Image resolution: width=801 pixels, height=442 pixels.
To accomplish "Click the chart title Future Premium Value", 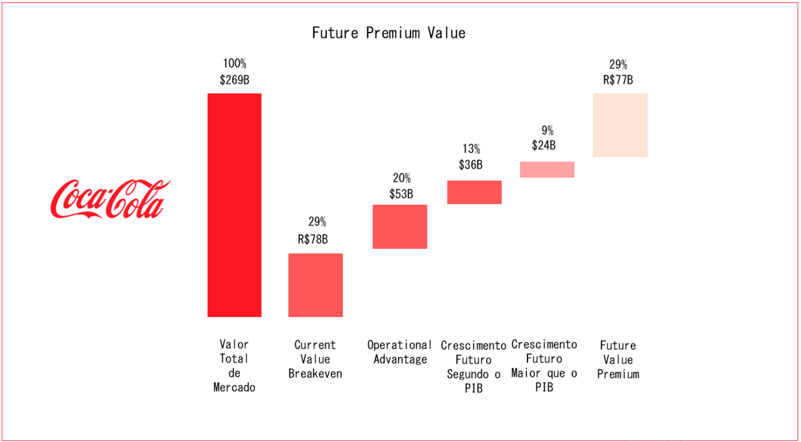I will click(389, 33).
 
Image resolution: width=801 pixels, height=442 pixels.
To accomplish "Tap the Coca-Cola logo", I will click(110, 199).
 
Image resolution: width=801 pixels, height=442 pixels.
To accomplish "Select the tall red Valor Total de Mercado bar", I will click(235, 205).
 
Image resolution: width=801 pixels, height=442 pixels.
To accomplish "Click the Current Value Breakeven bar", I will click(315, 285).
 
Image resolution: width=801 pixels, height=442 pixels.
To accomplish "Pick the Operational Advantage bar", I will click(400, 227).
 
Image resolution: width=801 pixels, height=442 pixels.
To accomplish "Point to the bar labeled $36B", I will click(474, 192).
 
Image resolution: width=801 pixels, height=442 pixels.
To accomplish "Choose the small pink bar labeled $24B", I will click(547, 170).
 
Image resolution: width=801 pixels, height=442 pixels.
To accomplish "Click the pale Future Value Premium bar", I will click(620, 125).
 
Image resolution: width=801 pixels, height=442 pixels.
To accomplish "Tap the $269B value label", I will click(235, 80).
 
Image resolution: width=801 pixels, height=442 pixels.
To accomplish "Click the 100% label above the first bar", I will click(235, 64).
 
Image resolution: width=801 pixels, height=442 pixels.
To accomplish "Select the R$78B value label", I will click(313, 239).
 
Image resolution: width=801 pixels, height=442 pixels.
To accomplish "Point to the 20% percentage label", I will click(400, 178).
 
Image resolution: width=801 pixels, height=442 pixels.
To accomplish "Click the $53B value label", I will click(400, 194).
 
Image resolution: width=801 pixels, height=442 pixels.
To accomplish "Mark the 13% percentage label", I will click(471, 149).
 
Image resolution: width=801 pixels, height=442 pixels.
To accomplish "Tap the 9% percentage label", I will click(548, 131).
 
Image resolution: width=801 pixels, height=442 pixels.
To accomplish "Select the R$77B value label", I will click(618, 80).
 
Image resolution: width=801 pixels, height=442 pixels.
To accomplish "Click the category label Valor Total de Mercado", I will click(235, 366).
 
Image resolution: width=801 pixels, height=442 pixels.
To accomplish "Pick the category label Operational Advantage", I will click(400, 352).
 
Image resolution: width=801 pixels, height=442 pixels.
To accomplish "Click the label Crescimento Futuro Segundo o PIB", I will click(474, 367).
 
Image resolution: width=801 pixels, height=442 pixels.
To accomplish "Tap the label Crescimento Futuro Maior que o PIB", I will click(544, 366).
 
